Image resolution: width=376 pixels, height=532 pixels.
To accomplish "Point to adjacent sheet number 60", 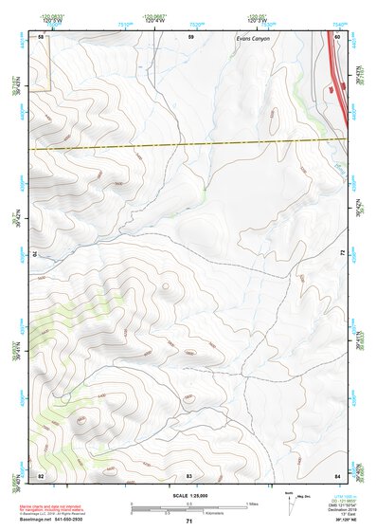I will tap(337, 36).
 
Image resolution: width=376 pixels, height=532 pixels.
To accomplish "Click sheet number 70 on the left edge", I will tap(37, 254).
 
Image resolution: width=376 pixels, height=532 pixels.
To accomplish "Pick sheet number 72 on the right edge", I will tap(342, 254).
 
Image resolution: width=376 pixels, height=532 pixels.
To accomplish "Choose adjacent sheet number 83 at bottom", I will tap(189, 474).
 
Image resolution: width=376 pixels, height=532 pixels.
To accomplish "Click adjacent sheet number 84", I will tap(337, 474).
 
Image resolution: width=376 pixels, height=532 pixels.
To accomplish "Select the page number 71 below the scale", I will tap(189, 521).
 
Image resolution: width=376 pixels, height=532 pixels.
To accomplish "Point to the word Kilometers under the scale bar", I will tap(201, 515).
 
